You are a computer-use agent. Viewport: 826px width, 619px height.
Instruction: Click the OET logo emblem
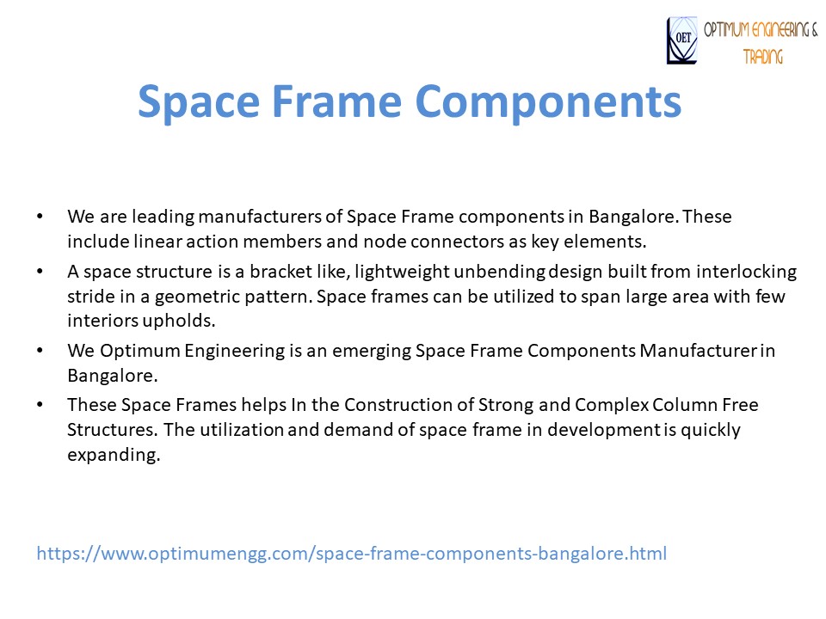[682, 41]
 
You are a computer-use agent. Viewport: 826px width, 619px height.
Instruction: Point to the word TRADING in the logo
[763, 57]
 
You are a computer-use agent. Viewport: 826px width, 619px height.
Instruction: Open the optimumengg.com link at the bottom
[351, 554]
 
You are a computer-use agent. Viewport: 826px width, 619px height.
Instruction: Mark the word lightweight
[379, 273]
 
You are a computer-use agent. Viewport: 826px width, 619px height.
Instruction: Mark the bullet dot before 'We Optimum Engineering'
[40, 352]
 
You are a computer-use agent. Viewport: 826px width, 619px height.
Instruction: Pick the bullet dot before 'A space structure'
[40, 273]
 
